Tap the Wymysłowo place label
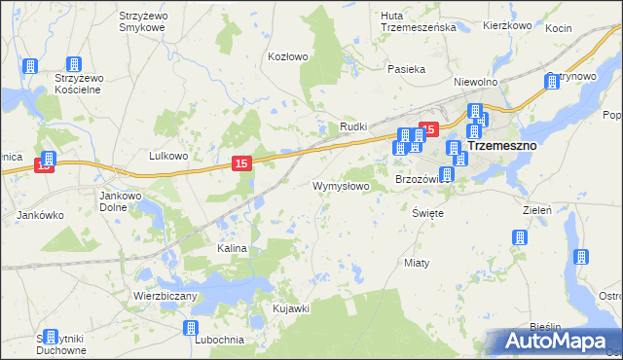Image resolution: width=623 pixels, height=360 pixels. pyautogui.click(x=340, y=185)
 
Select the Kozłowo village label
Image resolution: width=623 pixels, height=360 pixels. pyautogui.click(x=287, y=56)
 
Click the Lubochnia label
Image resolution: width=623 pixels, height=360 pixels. pyautogui.click(x=218, y=339)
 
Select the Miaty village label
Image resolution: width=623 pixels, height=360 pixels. pyautogui.click(x=416, y=264)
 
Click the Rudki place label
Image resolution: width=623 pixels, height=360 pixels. pyautogui.click(x=351, y=127)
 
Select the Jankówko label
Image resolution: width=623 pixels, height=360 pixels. pyautogui.click(x=41, y=214)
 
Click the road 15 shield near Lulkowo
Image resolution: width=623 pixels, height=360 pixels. pyautogui.click(x=243, y=165)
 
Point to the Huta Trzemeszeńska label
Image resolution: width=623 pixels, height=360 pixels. pyautogui.click(x=420, y=21)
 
